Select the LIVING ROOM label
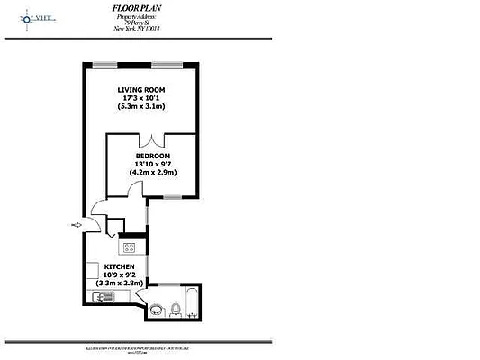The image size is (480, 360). pos(144,91)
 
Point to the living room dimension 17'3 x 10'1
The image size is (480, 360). pos(144,99)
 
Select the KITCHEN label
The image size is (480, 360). pos(120,267)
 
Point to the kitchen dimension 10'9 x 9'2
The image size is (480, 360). pos(120,275)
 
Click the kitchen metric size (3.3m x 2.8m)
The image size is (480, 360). pos(120,283)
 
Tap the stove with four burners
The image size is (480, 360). pos(130,247)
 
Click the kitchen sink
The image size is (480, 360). pos(102,296)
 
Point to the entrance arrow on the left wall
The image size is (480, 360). pos(77,225)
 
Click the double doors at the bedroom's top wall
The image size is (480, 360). pos(155,139)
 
